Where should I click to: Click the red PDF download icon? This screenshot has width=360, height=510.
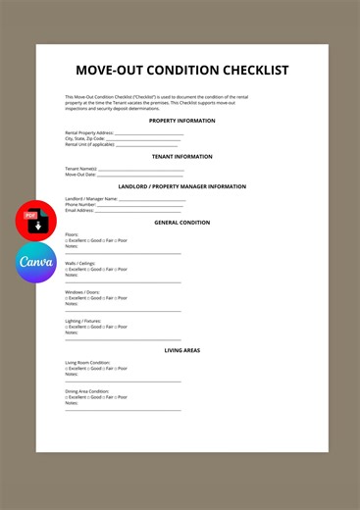tap(35, 220)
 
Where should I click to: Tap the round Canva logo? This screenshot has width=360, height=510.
tap(35, 263)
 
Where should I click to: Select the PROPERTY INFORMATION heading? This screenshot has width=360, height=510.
tap(181, 121)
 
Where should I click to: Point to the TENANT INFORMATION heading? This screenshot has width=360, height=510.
tap(181, 157)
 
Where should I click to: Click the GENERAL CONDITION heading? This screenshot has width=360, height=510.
tap(181, 223)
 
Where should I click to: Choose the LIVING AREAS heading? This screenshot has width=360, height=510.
tap(181, 350)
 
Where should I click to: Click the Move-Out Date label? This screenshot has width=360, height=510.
tap(80, 175)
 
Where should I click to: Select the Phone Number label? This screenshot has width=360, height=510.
tap(80, 204)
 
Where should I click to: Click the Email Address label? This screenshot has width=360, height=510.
tap(80, 210)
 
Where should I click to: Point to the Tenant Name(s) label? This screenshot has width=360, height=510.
tap(81, 169)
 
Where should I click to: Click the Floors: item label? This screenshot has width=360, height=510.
tap(72, 234)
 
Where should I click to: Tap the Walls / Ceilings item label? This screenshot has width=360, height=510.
tap(80, 263)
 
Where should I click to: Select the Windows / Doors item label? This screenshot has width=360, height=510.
tap(82, 292)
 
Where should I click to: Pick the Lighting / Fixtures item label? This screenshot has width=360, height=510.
tap(83, 321)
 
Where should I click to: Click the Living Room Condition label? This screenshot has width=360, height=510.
tap(87, 362)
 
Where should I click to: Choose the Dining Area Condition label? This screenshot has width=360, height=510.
tap(87, 391)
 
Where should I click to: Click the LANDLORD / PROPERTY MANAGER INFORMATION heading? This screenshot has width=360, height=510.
tap(181, 186)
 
